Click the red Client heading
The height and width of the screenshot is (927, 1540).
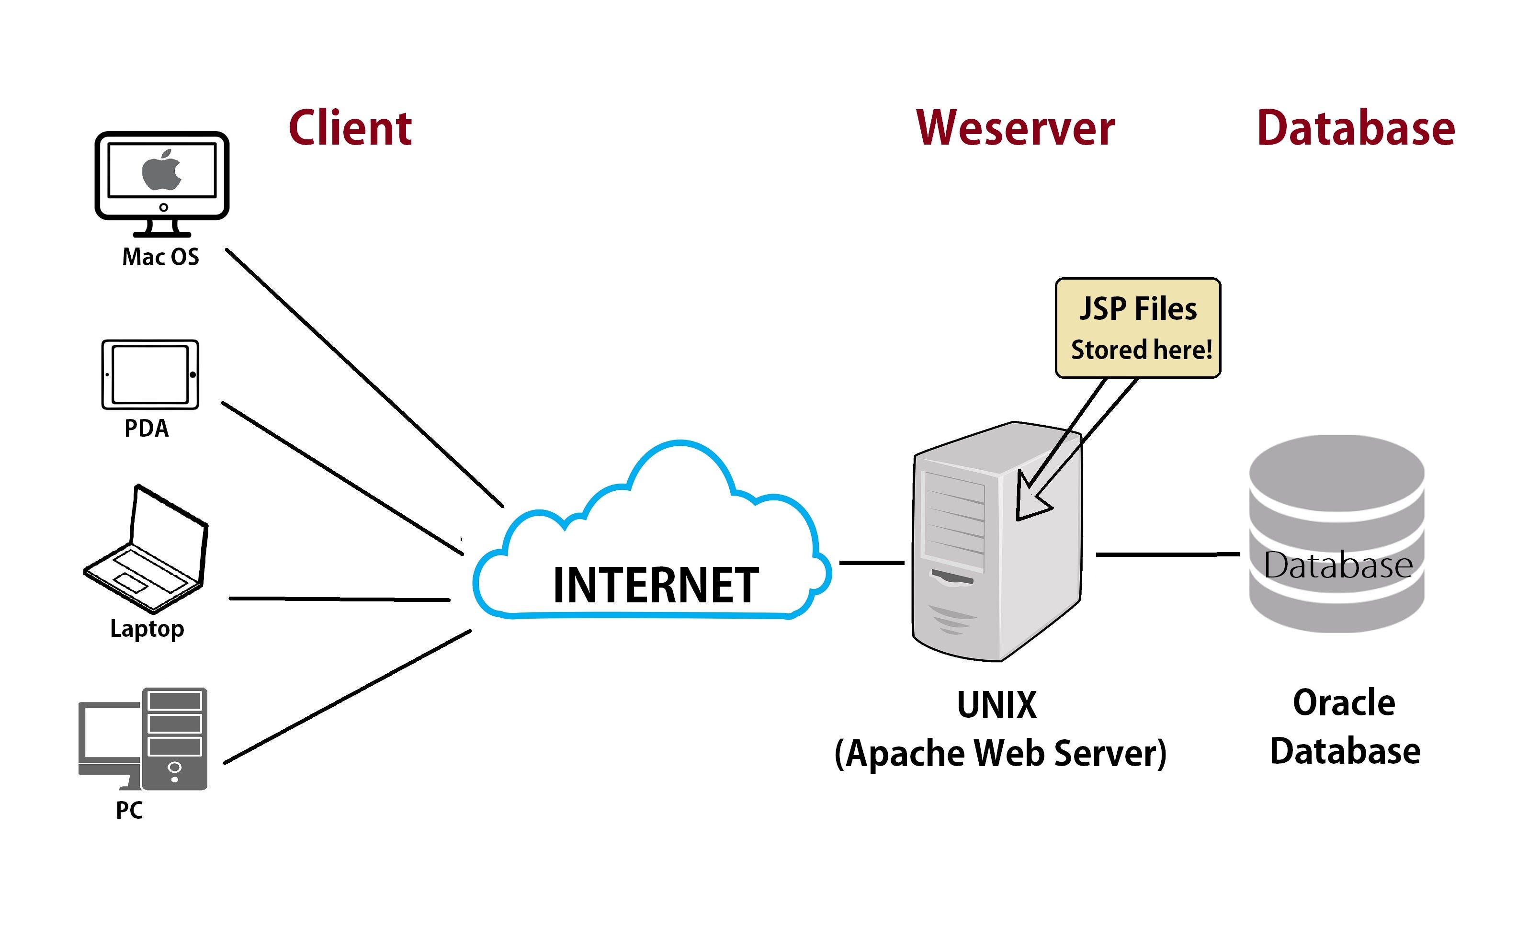(x=350, y=128)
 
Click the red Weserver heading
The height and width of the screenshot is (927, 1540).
(x=1015, y=128)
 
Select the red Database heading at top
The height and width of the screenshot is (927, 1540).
(x=1355, y=128)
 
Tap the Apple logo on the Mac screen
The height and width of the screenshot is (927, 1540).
(x=161, y=170)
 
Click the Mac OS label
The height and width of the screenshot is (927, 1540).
(x=160, y=257)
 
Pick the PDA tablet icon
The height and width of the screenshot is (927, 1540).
(x=150, y=375)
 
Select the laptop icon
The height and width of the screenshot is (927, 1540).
(x=147, y=550)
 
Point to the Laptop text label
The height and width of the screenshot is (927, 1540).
(x=147, y=628)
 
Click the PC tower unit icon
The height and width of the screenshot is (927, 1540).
(x=174, y=738)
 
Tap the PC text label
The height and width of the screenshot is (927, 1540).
(x=129, y=810)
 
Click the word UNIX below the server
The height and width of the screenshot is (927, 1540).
(x=996, y=705)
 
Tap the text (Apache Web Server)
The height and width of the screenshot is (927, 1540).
(x=999, y=753)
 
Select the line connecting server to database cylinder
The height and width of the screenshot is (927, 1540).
(x=1167, y=554)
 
